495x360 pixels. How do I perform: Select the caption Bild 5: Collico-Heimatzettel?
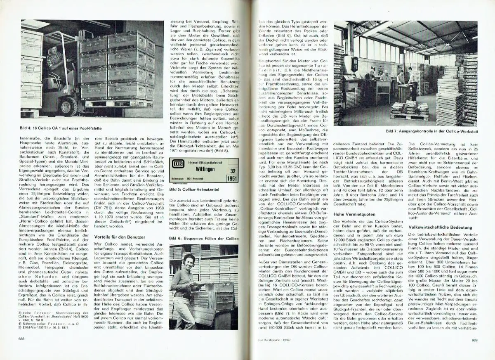pyautogui.click(x=194, y=189)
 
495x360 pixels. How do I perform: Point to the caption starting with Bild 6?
pyautogui.click(x=203, y=239)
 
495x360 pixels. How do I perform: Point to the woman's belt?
pyautogui.click(x=181, y=295)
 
